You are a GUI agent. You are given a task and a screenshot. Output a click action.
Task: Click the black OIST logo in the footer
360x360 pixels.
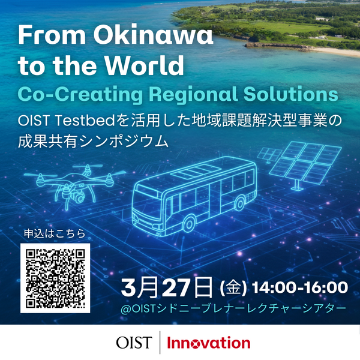pyautogui.click(x=134, y=343)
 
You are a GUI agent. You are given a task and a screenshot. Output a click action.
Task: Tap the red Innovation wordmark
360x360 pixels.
pyautogui.click(x=208, y=343)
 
